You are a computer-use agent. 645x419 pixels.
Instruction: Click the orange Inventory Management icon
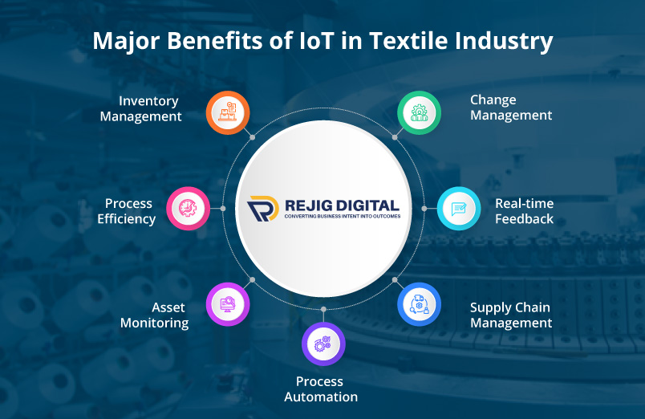click(228, 113)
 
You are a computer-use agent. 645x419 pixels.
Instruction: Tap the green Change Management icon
click(419, 113)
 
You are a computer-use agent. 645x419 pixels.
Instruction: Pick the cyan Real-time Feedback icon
click(459, 209)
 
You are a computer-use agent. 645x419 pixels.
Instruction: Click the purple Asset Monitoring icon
click(228, 304)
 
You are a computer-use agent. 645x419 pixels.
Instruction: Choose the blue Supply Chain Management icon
click(419, 304)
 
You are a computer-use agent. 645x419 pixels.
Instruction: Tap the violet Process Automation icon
click(323, 344)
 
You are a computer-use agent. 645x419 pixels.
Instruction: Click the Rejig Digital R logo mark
click(262, 209)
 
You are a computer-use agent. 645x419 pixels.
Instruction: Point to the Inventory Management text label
click(150, 108)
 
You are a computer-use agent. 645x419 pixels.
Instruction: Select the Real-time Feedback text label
click(524, 211)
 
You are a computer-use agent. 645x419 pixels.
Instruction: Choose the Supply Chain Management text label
click(511, 315)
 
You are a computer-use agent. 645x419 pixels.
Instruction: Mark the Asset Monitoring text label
click(154, 315)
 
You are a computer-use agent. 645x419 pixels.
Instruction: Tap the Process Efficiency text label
click(127, 211)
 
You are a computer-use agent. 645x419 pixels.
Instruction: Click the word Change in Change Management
click(493, 100)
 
